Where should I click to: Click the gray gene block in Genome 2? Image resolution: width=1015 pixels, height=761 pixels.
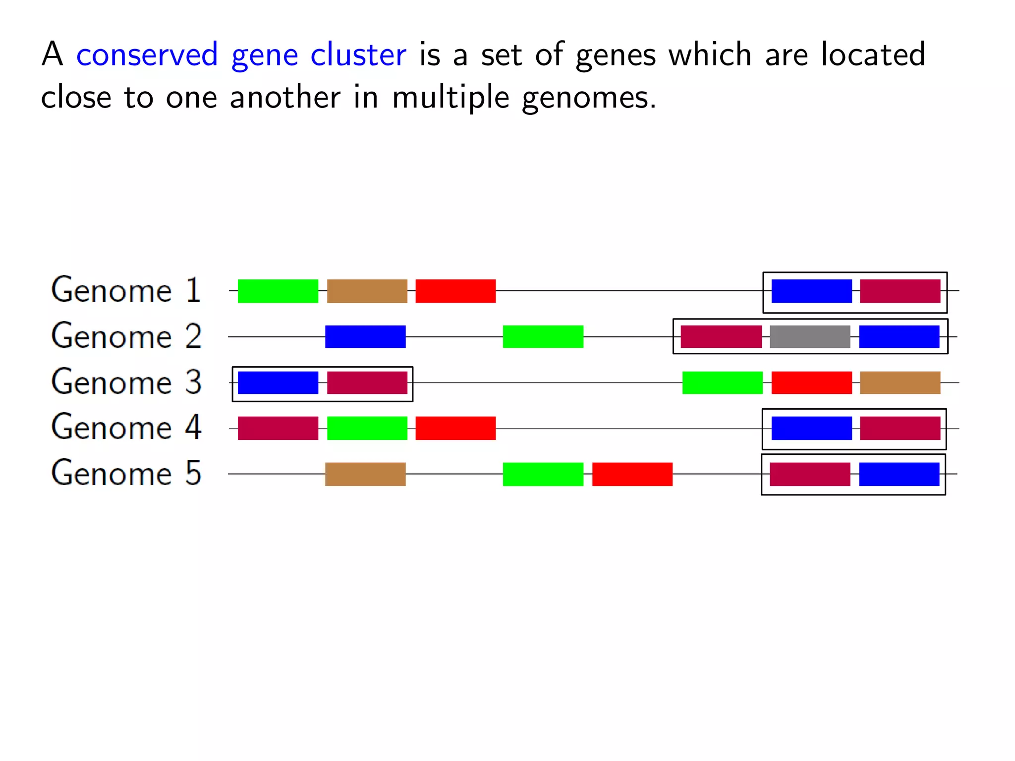810,337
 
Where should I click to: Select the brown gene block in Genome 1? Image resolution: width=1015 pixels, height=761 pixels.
367,291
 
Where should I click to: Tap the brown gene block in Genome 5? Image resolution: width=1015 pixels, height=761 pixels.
365,474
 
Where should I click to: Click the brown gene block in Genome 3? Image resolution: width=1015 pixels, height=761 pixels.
900,382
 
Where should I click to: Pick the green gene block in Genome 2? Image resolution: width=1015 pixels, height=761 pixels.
543,337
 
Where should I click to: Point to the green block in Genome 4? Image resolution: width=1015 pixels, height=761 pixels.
367,428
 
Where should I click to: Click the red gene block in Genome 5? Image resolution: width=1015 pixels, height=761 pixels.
632,474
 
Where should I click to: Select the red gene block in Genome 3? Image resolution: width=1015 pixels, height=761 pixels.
811,382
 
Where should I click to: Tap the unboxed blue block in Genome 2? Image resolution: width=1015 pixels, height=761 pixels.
365,337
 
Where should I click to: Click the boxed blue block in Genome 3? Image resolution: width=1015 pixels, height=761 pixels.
278,382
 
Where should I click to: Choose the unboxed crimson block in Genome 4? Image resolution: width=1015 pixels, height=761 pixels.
278,428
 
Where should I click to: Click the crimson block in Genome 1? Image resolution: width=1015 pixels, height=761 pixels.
900,291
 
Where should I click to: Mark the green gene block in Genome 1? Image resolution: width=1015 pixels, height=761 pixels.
278,291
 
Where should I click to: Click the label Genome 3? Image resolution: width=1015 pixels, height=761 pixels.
126,382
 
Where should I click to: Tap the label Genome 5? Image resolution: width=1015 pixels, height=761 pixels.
126,473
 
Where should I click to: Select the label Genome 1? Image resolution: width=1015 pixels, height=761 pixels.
126,290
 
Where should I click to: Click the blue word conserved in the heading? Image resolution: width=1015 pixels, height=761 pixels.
147,54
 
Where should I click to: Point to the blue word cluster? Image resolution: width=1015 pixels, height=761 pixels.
358,54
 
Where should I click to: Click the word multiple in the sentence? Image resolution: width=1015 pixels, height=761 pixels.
451,98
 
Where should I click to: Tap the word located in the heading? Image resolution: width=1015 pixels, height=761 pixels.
873,54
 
